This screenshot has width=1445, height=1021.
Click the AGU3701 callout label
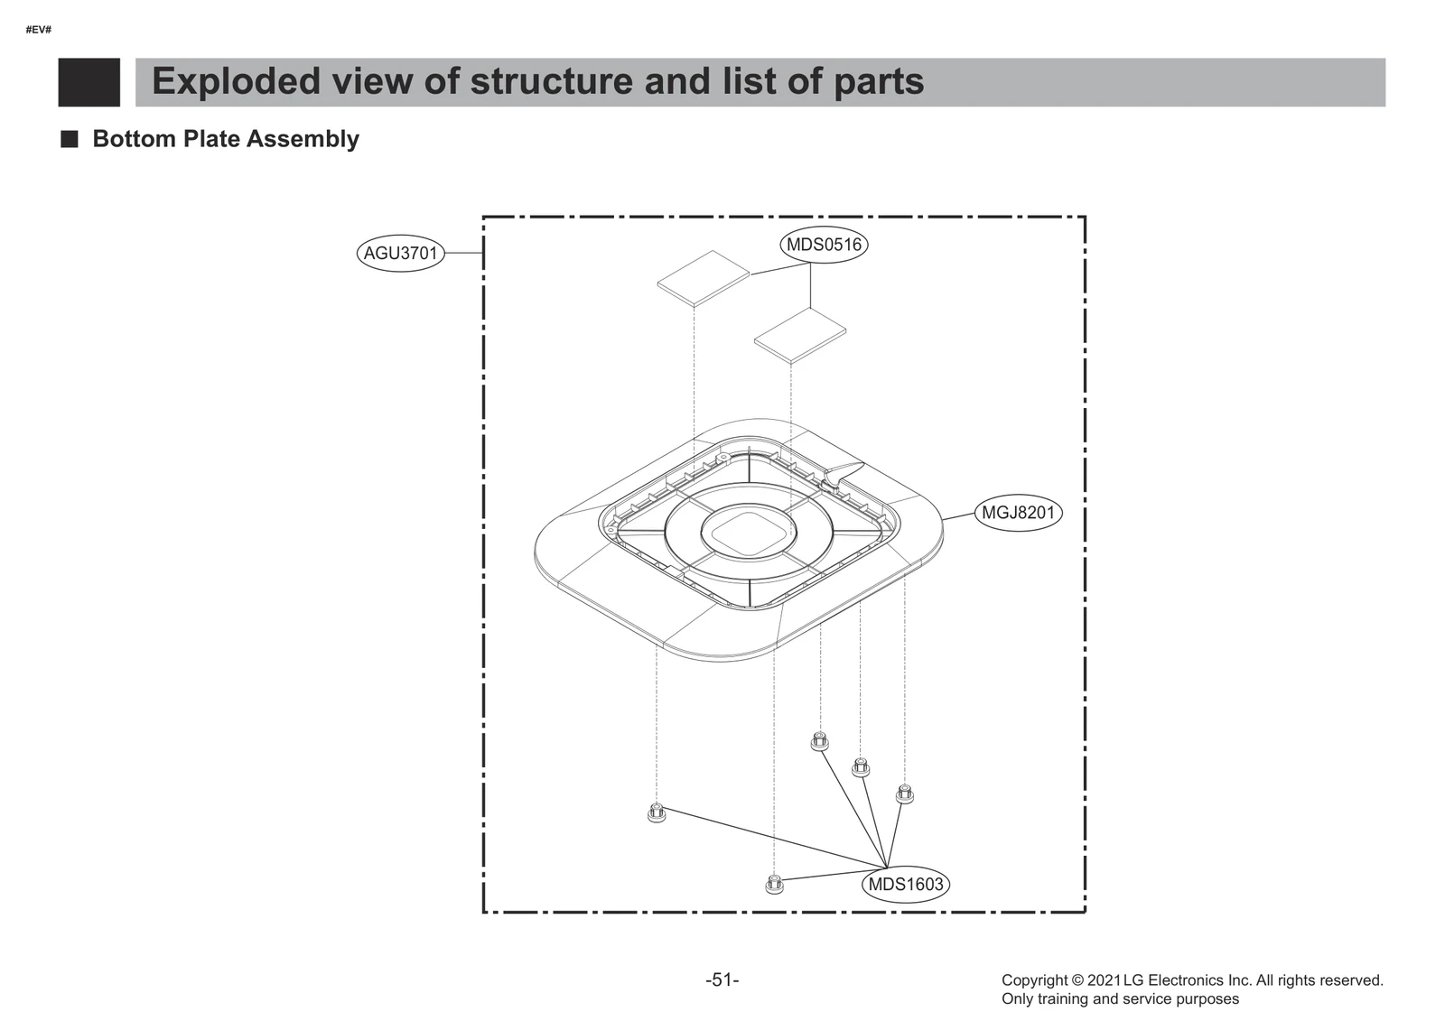(400, 254)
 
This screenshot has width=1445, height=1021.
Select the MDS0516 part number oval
(824, 245)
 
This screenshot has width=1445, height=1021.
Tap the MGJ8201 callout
(1018, 513)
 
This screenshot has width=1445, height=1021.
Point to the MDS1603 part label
(905, 884)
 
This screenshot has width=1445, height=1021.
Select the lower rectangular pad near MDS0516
(800, 335)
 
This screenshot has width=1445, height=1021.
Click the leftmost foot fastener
(657, 812)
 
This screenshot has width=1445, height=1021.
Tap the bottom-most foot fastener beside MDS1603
(774, 884)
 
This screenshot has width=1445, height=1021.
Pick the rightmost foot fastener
(904, 794)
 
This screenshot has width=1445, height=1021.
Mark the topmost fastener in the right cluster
(820, 741)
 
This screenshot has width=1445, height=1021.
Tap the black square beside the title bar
(89, 82)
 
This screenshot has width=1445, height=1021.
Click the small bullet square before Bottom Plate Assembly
(70, 139)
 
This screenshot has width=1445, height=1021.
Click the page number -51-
(722, 979)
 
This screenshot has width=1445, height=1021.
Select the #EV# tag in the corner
(39, 30)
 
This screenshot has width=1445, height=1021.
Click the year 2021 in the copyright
(1104, 980)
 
